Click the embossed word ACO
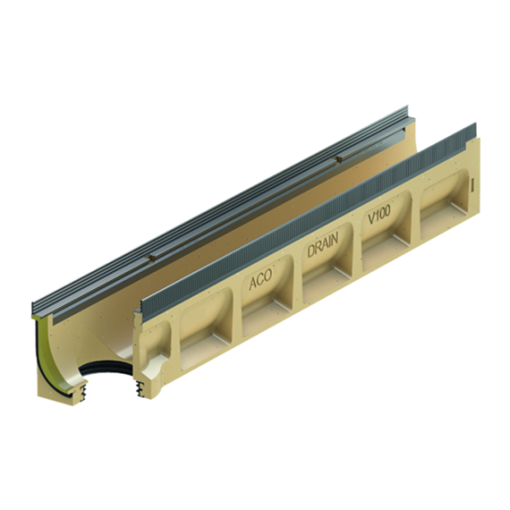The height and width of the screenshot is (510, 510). pyautogui.click(x=262, y=281)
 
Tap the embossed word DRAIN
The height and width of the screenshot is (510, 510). pyautogui.click(x=322, y=248)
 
